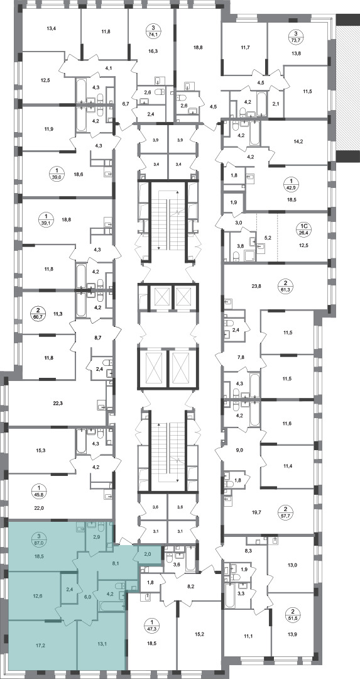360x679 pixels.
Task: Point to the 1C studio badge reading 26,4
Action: pyautogui.click(x=303, y=228)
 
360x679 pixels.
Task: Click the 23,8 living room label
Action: pyautogui.click(x=257, y=286)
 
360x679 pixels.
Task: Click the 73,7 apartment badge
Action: pyautogui.click(x=296, y=37)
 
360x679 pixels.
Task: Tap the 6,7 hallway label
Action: pyautogui.click(x=126, y=104)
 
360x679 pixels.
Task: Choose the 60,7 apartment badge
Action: pyautogui.click(x=38, y=314)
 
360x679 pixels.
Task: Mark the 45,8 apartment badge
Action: pyautogui.click(x=38, y=490)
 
